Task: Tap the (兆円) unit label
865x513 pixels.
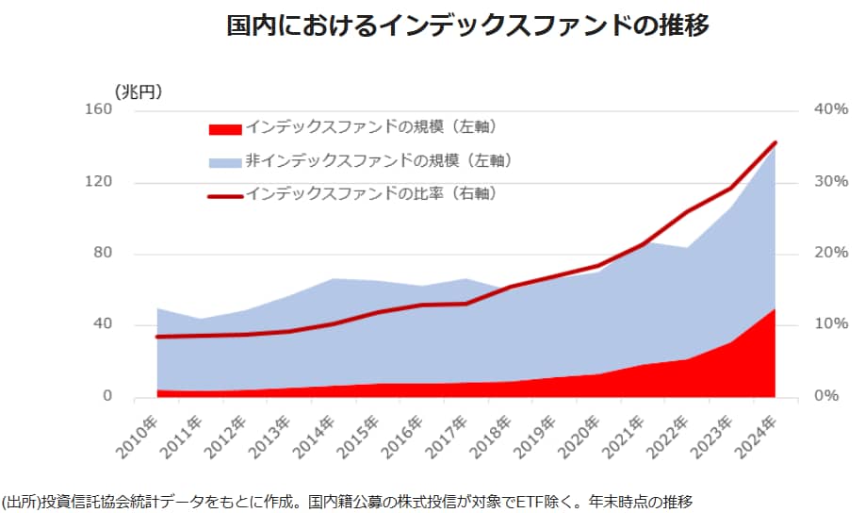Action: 138,91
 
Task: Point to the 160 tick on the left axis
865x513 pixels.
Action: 127,110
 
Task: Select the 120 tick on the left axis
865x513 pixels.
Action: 127,182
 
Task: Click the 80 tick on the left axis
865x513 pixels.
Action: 131,254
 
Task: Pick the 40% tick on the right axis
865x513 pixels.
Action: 830,110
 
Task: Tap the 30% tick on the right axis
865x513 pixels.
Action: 830,182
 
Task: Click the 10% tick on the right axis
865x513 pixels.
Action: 830,324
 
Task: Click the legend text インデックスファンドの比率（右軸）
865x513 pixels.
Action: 370,194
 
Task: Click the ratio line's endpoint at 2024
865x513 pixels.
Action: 775,143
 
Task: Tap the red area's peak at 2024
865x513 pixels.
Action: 775,309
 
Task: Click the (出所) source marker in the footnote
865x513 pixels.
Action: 20,499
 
